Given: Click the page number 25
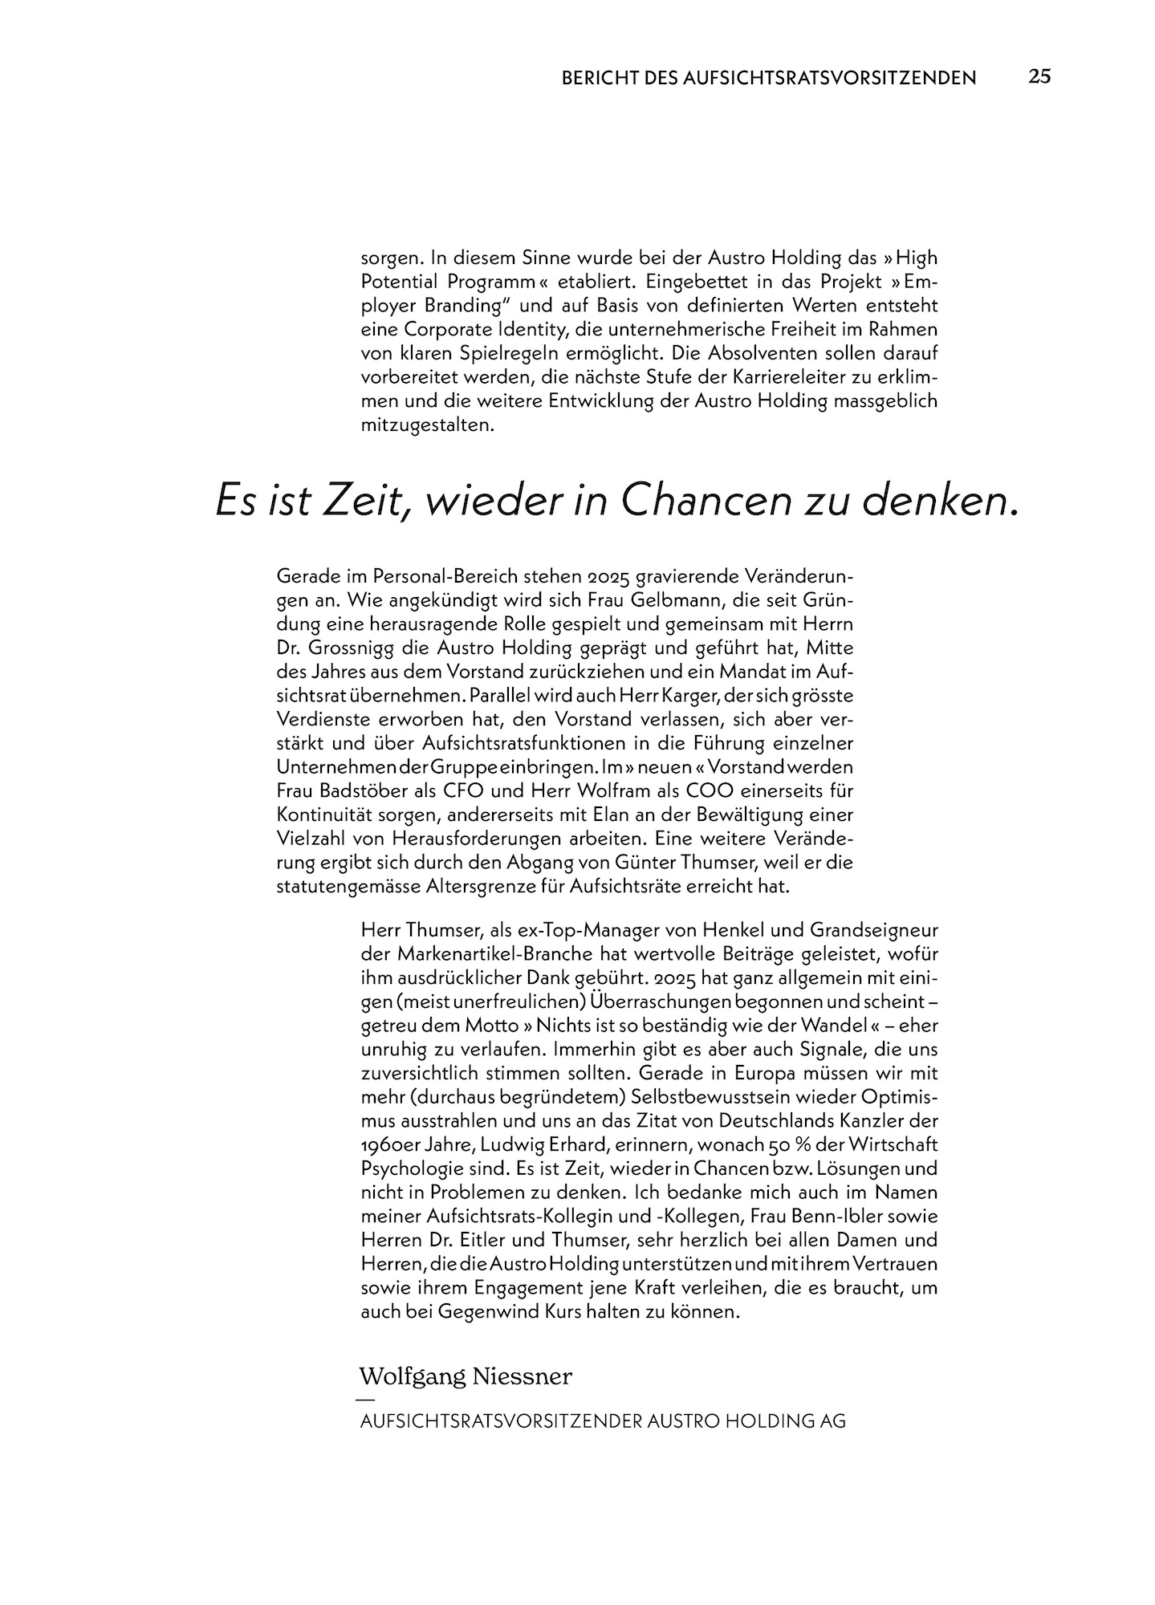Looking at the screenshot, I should pyautogui.click(x=1039, y=76).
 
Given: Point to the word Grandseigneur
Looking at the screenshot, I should pyautogui.click(x=873, y=931).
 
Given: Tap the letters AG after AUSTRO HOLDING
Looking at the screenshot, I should pyautogui.click(x=832, y=1420).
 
